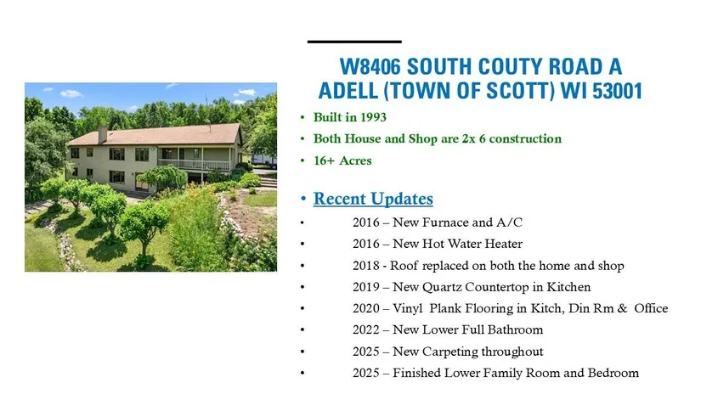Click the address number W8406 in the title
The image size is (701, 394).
pos(370,67)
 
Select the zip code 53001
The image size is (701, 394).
pos(618,91)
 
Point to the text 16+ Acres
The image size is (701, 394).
pos(342,160)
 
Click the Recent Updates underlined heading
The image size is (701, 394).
pos(373,199)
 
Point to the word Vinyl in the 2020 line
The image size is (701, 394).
pos(408,309)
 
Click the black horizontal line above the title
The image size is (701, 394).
pos(354,42)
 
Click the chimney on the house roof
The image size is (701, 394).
pos(102,134)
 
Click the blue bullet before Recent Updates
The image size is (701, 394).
pos(303,199)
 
